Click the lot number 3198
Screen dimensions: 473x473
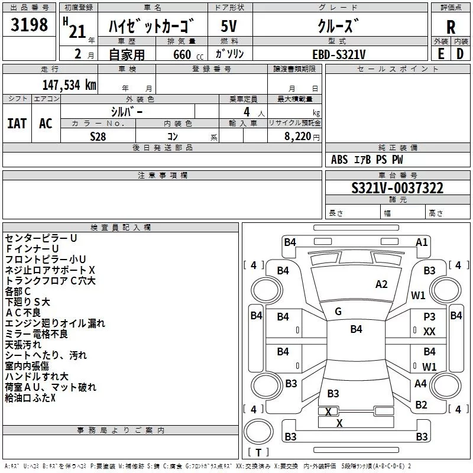pos(29,25)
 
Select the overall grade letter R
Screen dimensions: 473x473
pos(451,27)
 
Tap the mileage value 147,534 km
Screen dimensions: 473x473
pos(69,85)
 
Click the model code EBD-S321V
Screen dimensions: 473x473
pos(339,54)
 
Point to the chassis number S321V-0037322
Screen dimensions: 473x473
pos(397,188)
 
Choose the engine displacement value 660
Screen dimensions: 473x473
pos(182,54)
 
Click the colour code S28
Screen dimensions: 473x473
pos(98,137)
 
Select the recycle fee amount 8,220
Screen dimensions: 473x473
pos(298,137)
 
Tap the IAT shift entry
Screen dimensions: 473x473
pos(17,124)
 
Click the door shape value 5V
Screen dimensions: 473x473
pos(229,26)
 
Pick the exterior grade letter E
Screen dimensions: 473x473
pos(440,54)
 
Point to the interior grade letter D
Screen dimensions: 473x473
pos(460,54)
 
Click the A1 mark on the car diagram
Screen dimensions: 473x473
pos(422,242)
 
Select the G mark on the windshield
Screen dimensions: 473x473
pos(338,312)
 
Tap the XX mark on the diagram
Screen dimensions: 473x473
pos(429,332)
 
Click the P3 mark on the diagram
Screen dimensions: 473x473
pos(429,316)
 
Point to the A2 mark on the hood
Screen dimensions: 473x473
pos(381,284)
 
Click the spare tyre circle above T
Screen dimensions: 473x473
pos(258,432)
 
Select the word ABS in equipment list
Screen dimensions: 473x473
pos(339,160)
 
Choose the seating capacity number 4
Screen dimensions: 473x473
pos(247,112)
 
